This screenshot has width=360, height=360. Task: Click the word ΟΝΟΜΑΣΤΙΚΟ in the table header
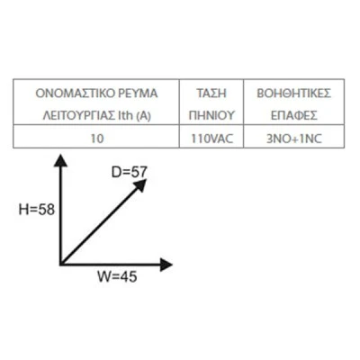(x=75, y=94)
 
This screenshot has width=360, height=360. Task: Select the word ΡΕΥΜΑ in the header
(x=138, y=94)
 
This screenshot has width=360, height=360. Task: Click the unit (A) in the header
(x=144, y=116)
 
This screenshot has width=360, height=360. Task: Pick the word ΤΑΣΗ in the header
(x=211, y=94)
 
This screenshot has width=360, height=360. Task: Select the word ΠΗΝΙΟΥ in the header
(x=211, y=115)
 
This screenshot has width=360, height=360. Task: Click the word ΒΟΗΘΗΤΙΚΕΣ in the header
(x=294, y=94)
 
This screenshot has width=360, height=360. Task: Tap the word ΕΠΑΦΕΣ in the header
(x=294, y=115)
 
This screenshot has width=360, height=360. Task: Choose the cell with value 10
(x=97, y=139)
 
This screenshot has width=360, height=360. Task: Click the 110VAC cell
(x=212, y=139)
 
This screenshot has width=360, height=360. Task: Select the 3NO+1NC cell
(x=294, y=139)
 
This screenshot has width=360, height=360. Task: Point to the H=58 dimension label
(x=37, y=210)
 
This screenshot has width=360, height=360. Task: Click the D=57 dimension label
(x=130, y=172)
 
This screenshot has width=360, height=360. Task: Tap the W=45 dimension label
(x=117, y=276)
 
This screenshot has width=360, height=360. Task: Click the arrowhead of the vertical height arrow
(x=60, y=160)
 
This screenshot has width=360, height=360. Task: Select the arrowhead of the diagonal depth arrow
(x=140, y=184)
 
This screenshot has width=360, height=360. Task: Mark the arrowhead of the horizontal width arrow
(x=166, y=265)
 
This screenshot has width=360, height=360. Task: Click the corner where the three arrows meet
(x=61, y=264)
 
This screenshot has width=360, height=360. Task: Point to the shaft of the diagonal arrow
(x=100, y=226)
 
